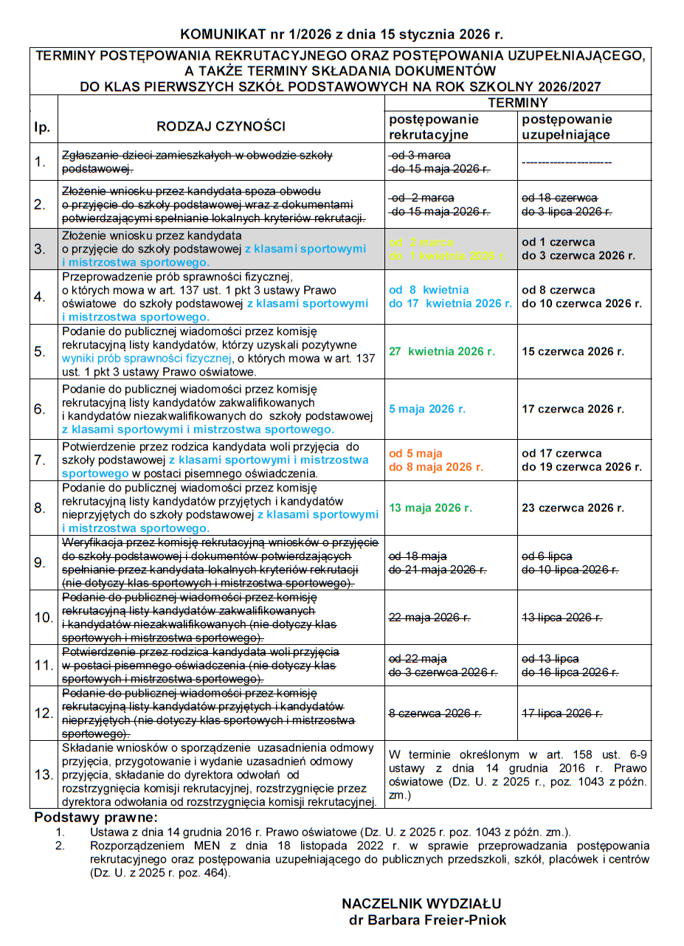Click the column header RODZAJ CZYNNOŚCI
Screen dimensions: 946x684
click(221, 126)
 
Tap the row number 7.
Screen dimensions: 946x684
click(41, 460)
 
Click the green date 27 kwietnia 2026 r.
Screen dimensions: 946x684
click(442, 351)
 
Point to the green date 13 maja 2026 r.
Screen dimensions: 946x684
click(431, 508)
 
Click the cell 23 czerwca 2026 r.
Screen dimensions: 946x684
click(573, 508)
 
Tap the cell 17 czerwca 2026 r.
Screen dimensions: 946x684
click(573, 409)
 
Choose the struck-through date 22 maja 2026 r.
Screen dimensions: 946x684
click(429, 618)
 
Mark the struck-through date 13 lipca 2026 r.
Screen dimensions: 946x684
click(562, 618)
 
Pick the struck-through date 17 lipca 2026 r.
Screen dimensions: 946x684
click(562, 713)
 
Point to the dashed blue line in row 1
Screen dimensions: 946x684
click(567, 161)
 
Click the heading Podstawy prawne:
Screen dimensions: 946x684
click(96, 818)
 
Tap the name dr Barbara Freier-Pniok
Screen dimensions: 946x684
click(427, 920)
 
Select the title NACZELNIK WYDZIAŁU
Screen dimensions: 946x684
click(421, 904)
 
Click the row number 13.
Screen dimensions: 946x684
click(44, 775)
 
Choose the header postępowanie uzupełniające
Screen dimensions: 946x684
click(567, 127)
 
